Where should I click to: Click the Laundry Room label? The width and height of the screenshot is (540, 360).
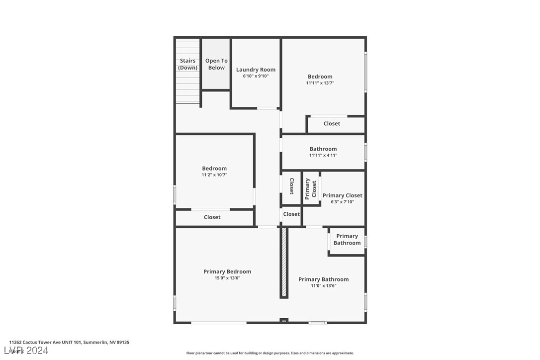[x=256, y=70]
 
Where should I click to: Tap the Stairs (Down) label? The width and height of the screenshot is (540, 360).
[x=188, y=64]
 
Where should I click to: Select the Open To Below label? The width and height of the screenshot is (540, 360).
[x=216, y=64]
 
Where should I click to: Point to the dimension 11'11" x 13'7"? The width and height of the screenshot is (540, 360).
[x=320, y=83]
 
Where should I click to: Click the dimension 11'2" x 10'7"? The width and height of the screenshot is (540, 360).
[x=214, y=175]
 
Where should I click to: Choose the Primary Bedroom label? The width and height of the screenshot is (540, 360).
[x=227, y=271]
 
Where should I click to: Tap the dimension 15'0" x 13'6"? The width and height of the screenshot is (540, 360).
[x=227, y=278]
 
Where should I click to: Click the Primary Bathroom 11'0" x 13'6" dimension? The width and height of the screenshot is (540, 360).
[x=323, y=285]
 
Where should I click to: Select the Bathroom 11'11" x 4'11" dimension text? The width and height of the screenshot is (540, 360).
[x=323, y=155]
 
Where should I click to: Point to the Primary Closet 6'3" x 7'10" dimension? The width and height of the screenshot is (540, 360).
[x=342, y=202]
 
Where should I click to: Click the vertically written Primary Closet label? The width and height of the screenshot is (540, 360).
[x=311, y=188]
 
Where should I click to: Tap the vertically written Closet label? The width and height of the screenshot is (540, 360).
[x=291, y=186]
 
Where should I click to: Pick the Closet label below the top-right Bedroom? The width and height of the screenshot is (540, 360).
[x=332, y=123]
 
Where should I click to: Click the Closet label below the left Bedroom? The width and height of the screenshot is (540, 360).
[x=212, y=217]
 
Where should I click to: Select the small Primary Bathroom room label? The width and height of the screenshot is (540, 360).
[x=347, y=239]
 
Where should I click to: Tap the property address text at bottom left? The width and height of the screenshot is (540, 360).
[x=69, y=342]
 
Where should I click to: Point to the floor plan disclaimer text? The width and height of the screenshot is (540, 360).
[x=270, y=353]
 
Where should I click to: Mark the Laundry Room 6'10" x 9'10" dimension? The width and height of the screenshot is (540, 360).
[x=256, y=76]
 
